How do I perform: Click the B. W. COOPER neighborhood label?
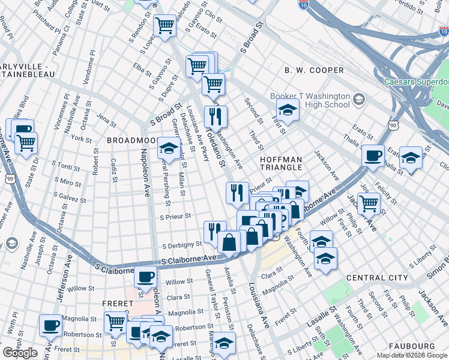coord(314,70)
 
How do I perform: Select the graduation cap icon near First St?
coord(288,110)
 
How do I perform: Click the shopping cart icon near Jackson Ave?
coord(369,203)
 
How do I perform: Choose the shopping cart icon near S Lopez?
coord(164,25)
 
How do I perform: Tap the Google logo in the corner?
coord(20,353)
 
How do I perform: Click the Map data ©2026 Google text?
coord(412,355)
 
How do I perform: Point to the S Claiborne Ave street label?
coord(189,259)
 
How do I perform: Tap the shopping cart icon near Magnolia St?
coord(116,322)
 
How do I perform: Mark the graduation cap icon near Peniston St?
coord(224,343)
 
